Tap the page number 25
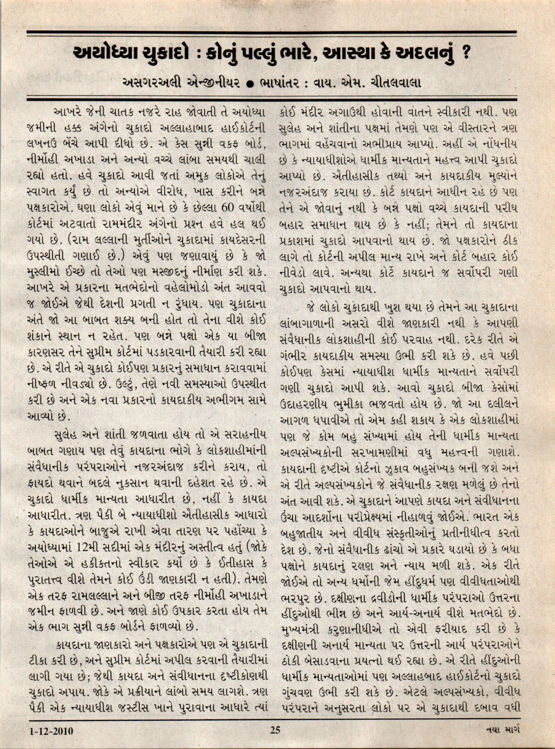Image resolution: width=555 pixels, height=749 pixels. [275, 730]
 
